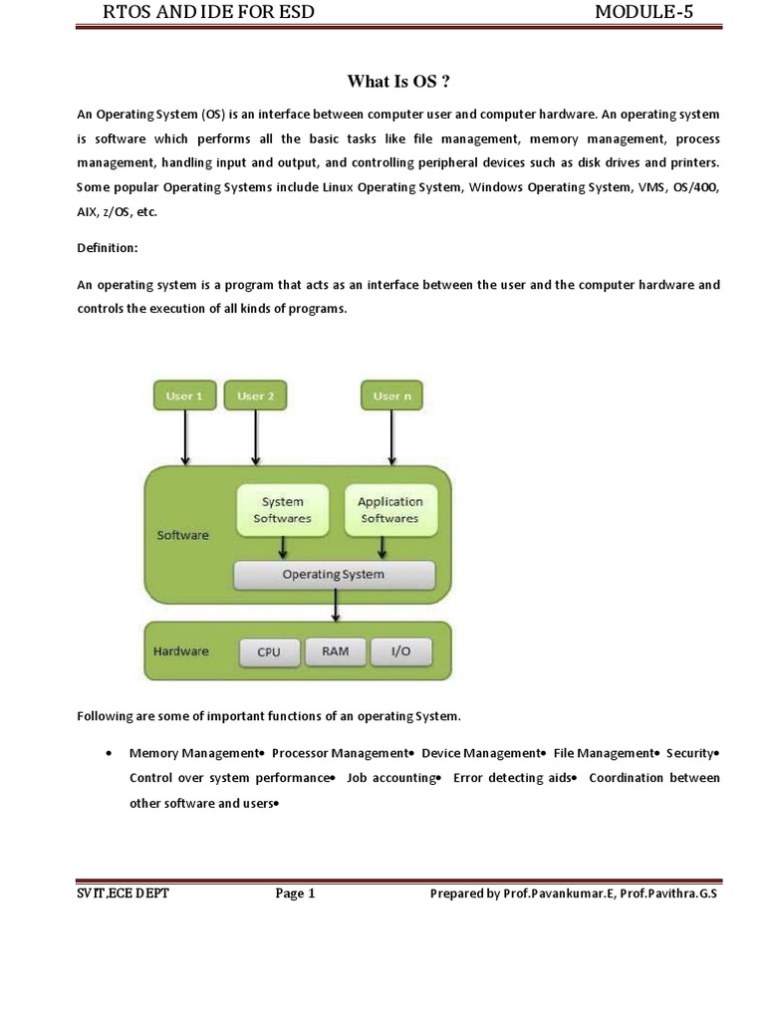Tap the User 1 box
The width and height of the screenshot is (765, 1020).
click(183, 396)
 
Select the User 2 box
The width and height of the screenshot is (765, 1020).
click(256, 396)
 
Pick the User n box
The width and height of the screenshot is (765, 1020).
click(391, 396)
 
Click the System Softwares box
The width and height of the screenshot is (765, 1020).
click(283, 510)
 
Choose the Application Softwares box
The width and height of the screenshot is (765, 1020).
click(389, 510)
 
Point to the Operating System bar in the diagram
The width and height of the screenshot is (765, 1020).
click(334, 575)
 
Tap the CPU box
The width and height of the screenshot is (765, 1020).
click(269, 652)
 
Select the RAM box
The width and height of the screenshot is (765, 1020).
click(335, 651)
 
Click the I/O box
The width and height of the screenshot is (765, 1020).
click(400, 651)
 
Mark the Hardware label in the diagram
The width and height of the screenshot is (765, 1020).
click(181, 651)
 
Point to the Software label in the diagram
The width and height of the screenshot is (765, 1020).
click(183, 535)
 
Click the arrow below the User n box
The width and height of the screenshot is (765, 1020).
click(391, 437)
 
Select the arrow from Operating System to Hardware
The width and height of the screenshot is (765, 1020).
click(337, 606)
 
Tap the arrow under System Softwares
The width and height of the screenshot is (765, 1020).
click(284, 548)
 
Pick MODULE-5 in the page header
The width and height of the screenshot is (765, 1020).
click(643, 12)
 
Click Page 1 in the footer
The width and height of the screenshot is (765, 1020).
click(295, 893)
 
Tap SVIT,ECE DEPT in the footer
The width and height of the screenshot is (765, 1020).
click(123, 893)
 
